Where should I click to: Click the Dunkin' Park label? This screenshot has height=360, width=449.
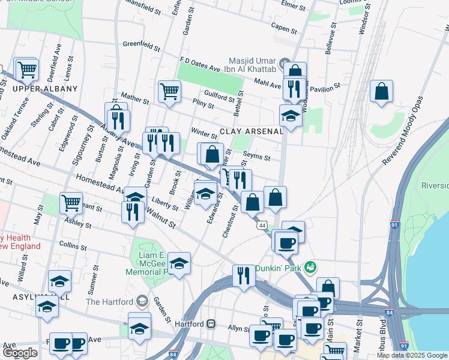point(279,268)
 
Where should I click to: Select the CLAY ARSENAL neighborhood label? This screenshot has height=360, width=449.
point(251,131)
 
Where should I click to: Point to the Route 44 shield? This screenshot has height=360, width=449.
point(262,225)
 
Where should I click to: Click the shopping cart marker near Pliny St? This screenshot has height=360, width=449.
point(169,92)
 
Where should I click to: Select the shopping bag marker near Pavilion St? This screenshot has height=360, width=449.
point(381,92)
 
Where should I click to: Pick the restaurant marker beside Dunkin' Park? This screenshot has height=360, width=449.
point(244,276)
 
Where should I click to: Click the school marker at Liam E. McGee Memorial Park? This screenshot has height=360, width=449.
point(179,263)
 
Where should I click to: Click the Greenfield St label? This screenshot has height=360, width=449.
point(142,46)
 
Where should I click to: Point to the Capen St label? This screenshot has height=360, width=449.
point(284,28)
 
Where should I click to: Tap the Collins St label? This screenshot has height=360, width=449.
point(74,247)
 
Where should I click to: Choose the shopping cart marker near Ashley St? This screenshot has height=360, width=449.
point(71,203)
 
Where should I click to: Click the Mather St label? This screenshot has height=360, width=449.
point(134,97)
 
